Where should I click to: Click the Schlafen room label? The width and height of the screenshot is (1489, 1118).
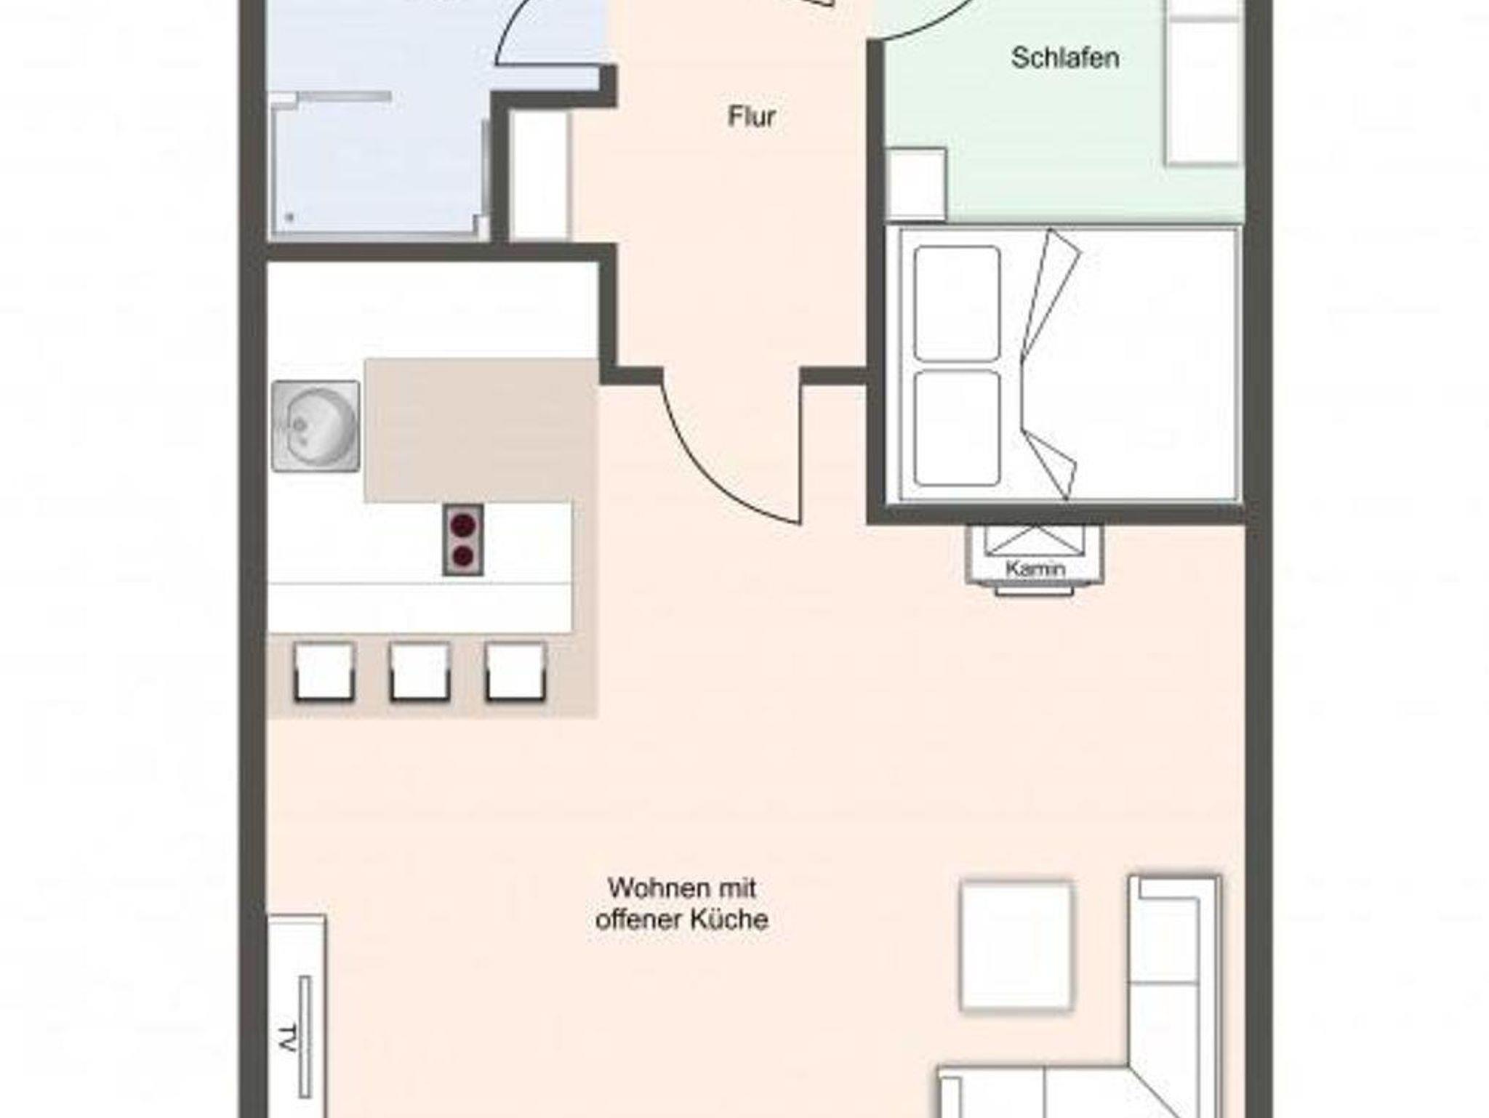coord(1065,58)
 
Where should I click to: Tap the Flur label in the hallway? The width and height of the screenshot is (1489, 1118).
coord(752,116)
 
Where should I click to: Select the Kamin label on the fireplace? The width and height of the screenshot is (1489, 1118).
coord(1035,568)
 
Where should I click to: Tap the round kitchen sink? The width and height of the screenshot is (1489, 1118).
coord(316,425)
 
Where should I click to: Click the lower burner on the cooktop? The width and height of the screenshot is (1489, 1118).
coord(463,557)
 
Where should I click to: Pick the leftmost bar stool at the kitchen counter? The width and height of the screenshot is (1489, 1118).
coord(324,672)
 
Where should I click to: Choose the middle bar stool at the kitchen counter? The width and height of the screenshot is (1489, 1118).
coord(420,672)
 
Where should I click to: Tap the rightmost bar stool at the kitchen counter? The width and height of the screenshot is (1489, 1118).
coord(515,672)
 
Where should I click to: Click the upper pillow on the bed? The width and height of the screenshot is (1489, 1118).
coord(958,303)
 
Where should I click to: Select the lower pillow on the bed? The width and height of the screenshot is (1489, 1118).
coord(958,428)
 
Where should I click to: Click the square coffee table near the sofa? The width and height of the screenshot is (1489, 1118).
coord(1016,946)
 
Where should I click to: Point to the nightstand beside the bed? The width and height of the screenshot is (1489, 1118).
coord(917,184)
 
